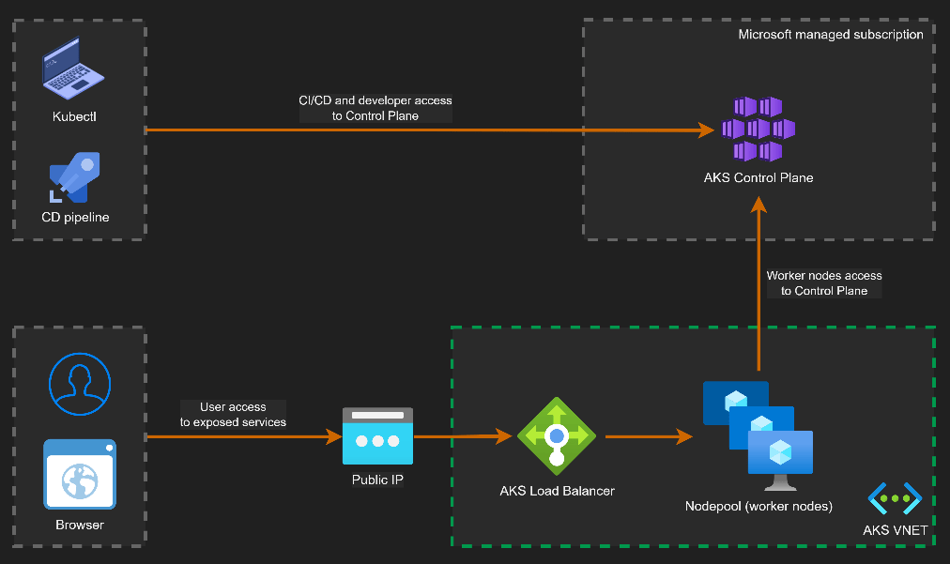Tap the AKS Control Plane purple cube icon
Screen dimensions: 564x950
758,129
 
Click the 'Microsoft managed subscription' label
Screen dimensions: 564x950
831,35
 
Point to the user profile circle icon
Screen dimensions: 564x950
80,384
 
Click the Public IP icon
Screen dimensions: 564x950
377,436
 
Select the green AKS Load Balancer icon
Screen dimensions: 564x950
557,435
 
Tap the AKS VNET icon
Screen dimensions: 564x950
895,498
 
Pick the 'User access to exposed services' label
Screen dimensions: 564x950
233,415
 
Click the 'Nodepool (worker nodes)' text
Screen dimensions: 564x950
758,507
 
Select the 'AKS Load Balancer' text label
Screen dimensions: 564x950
557,490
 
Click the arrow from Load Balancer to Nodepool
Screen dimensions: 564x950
648,436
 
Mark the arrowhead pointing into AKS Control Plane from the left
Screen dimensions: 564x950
706,130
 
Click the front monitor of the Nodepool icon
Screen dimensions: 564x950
780,454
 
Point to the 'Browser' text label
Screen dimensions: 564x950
80,525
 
